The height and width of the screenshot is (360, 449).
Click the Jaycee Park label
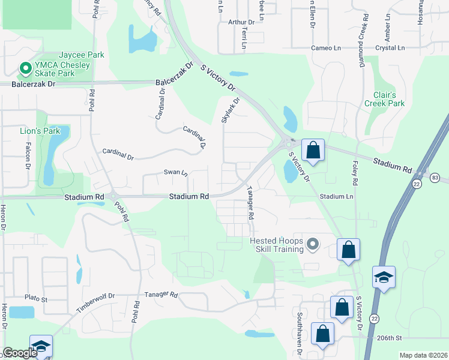tap(81, 55)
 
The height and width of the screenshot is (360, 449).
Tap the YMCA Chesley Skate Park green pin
tap(26, 69)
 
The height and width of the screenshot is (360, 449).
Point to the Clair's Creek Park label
tap(384, 99)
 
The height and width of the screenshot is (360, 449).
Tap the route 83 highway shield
tap(435, 177)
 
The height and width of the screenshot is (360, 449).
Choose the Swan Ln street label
tap(176, 173)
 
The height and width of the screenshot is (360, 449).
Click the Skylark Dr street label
tap(227, 111)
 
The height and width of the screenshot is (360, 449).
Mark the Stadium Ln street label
tap(336, 196)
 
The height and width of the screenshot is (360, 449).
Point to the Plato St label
tap(35, 298)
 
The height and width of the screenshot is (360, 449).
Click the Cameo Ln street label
tap(327, 47)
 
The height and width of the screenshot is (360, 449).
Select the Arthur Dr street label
tap(241, 22)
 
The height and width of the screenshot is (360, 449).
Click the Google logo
tap(20, 353)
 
